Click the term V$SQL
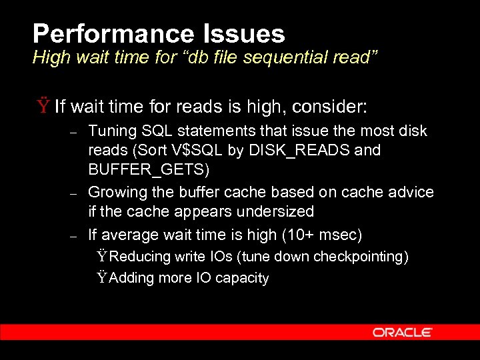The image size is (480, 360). tap(202, 150)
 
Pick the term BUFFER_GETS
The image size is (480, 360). tap(149, 169)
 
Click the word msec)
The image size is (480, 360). tap(341, 235)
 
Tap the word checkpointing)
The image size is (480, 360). tap(361, 257)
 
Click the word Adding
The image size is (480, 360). tap(131, 278)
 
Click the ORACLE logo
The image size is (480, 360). tap(402, 332)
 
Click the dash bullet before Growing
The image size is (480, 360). tap(75, 193)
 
